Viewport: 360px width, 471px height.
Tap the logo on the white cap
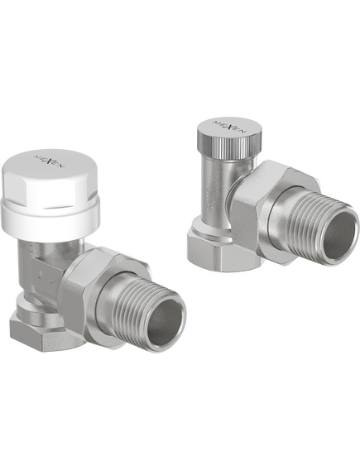49,161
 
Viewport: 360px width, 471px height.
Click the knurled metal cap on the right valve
229,136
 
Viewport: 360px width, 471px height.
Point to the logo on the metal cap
230,126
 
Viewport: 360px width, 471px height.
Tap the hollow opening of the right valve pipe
338,234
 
